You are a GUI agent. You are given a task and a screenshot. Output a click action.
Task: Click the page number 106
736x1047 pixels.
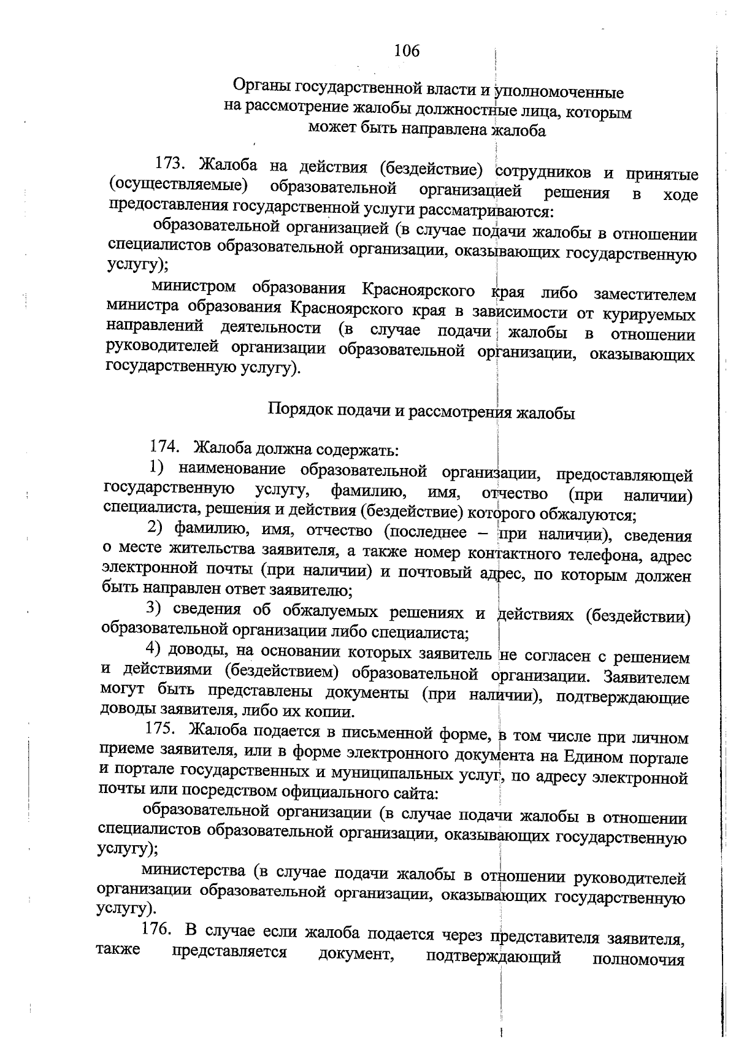[407, 51]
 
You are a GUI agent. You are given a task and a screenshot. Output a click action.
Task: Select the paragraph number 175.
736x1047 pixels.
[161, 729]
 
